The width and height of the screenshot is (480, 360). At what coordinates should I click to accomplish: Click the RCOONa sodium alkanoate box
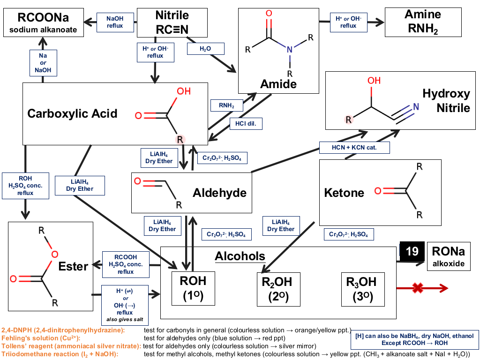(x=44, y=22)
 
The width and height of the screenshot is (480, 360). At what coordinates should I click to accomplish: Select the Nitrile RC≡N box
(x=172, y=22)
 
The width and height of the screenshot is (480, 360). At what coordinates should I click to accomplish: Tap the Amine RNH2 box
(x=423, y=22)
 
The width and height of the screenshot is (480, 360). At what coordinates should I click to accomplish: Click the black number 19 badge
(x=412, y=251)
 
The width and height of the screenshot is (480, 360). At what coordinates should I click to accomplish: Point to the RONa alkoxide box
(x=449, y=256)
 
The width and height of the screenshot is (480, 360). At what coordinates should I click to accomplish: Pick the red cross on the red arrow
(x=418, y=288)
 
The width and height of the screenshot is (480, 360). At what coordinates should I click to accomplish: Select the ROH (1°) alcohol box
(x=193, y=288)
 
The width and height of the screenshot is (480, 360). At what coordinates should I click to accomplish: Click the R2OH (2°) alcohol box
(x=278, y=289)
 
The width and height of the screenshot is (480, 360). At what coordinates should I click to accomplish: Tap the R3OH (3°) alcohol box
(x=363, y=289)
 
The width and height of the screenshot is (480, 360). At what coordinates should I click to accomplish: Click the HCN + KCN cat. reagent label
(x=354, y=148)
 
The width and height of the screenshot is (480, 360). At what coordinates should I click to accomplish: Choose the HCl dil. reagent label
(x=246, y=124)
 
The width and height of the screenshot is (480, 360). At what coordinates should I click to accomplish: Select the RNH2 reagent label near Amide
(x=226, y=105)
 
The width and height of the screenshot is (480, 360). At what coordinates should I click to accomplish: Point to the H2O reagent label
(x=205, y=49)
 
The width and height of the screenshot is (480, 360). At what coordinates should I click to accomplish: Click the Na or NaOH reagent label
(x=43, y=63)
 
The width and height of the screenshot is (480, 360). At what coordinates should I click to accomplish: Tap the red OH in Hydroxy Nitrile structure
(x=374, y=81)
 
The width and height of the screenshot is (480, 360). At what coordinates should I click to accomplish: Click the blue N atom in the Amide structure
(x=290, y=50)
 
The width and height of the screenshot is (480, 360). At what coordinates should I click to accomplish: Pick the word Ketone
(x=344, y=193)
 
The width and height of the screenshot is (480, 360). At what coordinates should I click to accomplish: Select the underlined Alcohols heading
(x=240, y=256)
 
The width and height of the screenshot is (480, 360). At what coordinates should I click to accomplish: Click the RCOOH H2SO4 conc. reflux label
(x=126, y=264)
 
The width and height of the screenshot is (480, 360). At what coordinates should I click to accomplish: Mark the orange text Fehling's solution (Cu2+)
(x=41, y=338)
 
